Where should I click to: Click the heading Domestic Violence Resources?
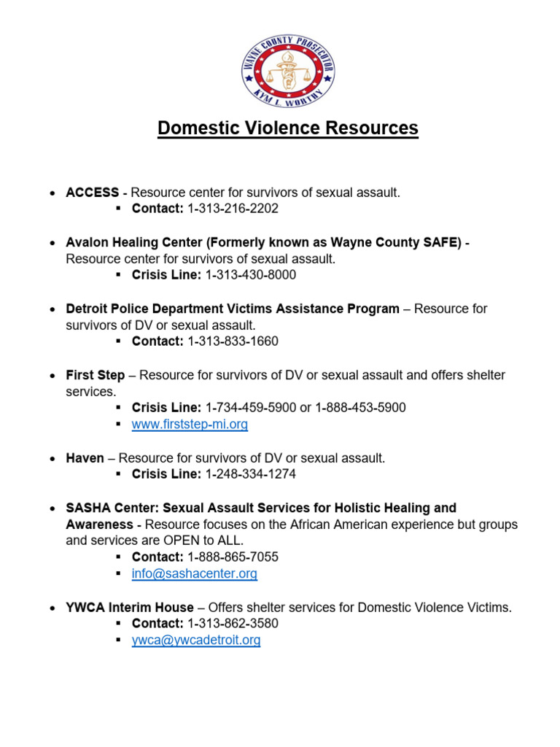(x=287, y=128)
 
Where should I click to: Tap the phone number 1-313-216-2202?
(x=233, y=209)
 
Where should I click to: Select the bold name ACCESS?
(x=92, y=193)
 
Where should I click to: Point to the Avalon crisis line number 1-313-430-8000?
(x=251, y=275)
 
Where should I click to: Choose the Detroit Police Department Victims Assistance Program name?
(x=233, y=309)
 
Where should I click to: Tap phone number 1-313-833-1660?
(x=233, y=341)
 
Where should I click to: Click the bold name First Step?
(x=95, y=375)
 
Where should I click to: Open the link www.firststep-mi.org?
(x=190, y=425)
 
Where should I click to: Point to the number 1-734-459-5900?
(x=251, y=408)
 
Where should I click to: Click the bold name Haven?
(x=85, y=458)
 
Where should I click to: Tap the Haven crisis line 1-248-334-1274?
(x=251, y=474)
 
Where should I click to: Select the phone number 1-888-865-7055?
(x=233, y=557)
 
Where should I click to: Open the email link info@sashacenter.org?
(x=194, y=574)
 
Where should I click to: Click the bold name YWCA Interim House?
(x=130, y=608)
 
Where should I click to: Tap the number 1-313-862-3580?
(x=233, y=624)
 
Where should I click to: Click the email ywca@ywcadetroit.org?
(x=195, y=640)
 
